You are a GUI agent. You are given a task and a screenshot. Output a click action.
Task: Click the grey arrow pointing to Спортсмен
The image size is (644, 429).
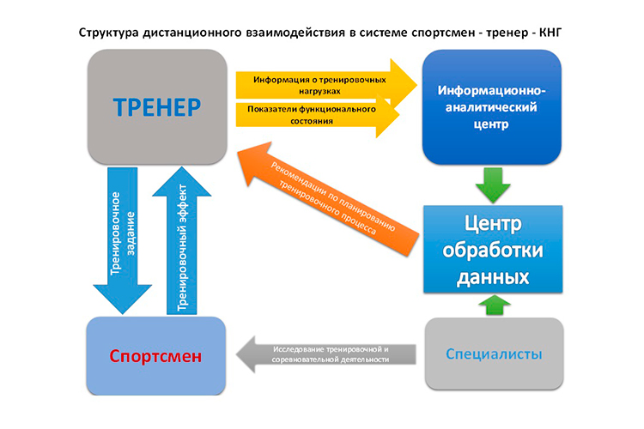tap(326, 354)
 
